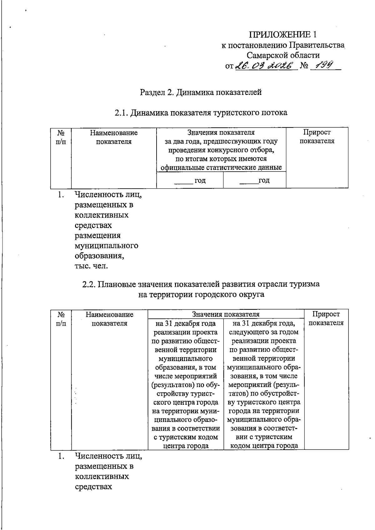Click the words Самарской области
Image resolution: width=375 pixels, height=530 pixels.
pyautogui.click(x=283, y=56)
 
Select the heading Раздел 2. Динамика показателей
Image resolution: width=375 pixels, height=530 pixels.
pyautogui.click(x=201, y=92)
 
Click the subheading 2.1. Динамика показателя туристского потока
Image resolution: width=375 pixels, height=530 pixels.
pyautogui.click(x=201, y=112)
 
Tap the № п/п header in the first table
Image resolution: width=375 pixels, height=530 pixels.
pyautogui.click(x=61, y=137)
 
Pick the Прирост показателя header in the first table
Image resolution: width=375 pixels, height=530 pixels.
pyautogui.click(x=317, y=136)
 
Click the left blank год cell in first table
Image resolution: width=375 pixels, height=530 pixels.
pyautogui.click(x=190, y=181)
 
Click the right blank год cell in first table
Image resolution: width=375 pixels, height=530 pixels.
pyautogui.click(x=255, y=181)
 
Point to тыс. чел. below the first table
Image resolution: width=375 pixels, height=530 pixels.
pyautogui.click(x=91, y=266)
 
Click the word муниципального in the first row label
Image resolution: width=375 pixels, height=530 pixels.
pyautogui.click(x=107, y=245)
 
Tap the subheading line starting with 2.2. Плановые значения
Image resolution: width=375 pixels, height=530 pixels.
pyautogui.click(x=201, y=284)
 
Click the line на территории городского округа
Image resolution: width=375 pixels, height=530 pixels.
pyautogui.click(x=201, y=294)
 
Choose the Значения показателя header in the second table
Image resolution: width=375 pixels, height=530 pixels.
pyautogui.click(x=226, y=314)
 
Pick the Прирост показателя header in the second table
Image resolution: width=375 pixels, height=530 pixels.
pyautogui.click(x=326, y=318)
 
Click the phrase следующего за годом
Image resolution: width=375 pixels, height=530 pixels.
pyautogui.click(x=264, y=332)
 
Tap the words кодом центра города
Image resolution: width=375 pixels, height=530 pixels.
pyautogui.click(x=264, y=446)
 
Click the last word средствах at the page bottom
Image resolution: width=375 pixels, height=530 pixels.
pyautogui.click(x=93, y=487)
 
